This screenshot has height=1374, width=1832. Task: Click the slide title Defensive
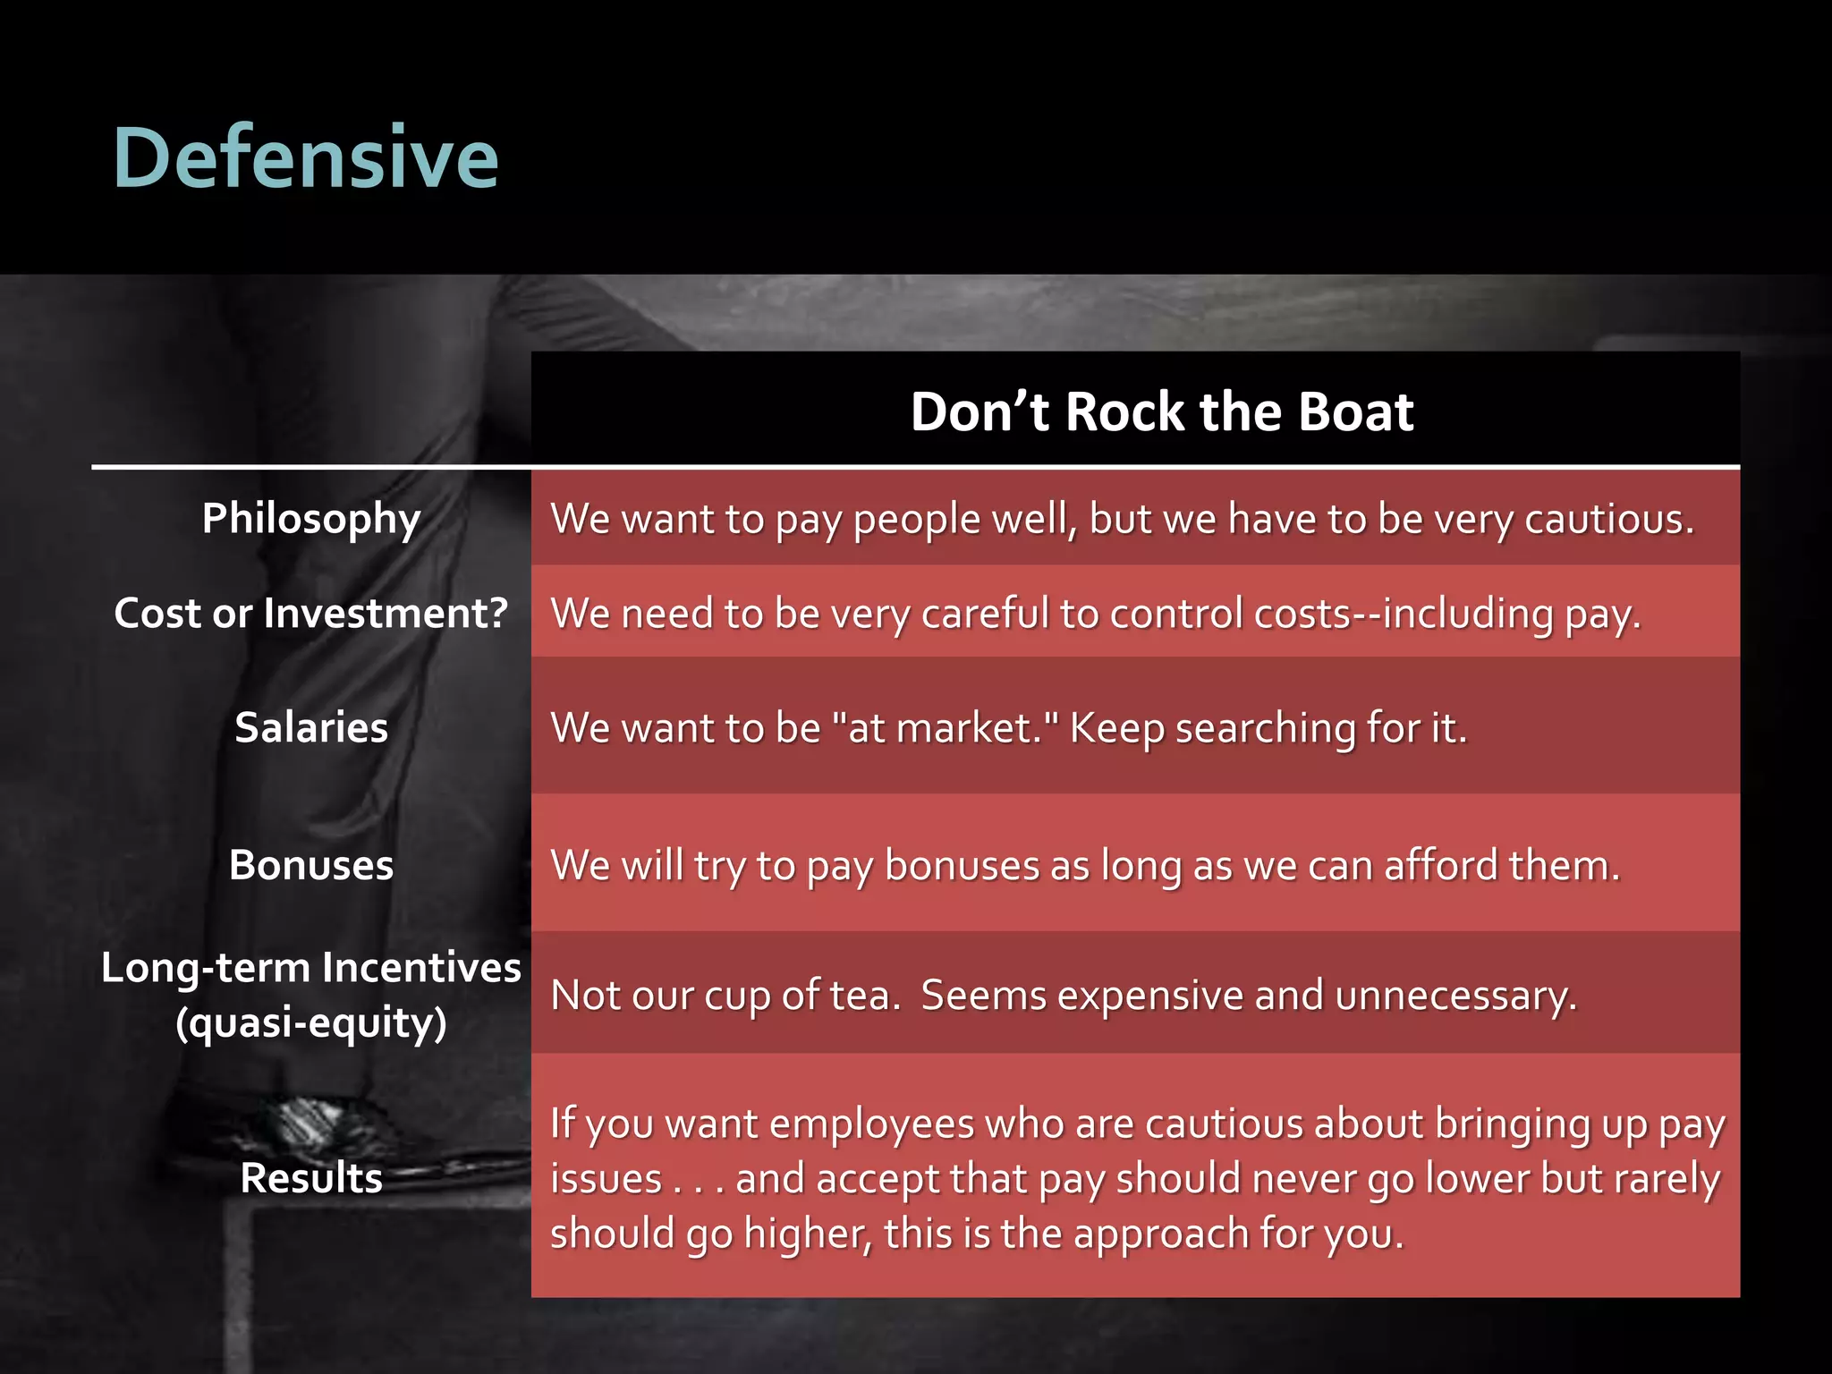point(305,157)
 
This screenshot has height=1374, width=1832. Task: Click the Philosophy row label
point(310,519)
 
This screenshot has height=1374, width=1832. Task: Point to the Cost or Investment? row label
point(310,614)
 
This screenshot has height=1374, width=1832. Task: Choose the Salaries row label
point(310,727)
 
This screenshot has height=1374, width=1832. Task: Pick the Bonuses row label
point(310,865)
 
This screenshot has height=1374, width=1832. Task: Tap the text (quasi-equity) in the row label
point(310,1022)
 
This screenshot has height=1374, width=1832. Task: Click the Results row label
point(310,1178)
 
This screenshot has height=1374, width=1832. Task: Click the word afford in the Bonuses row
point(1440,865)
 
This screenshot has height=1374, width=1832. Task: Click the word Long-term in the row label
point(205,968)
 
